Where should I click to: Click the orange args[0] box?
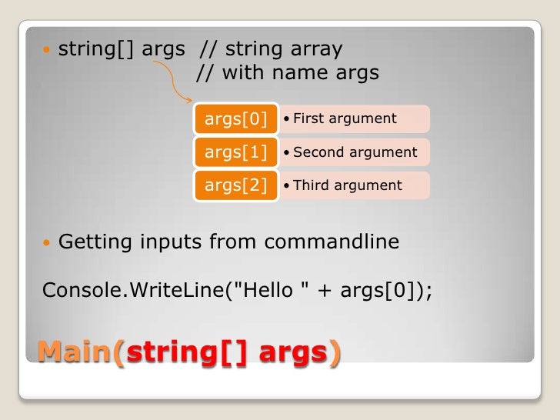pyautogui.click(x=235, y=118)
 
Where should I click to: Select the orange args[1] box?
pyautogui.click(x=235, y=152)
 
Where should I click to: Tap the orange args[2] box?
pyautogui.click(x=235, y=185)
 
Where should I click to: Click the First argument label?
pyautogui.click(x=345, y=118)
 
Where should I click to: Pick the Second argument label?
pyautogui.click(x=355, y=152)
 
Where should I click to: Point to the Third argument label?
pyautogui.click(x=347, y=185)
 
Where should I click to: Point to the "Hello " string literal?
pyautogui.click(x=270, y=290)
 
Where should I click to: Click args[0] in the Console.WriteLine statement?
pyautogui.click(x=377, y=290)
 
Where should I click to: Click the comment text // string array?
pyautogui.click(x=271, y=49)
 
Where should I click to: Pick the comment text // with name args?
pyautogui.click(x=288, y=73)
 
